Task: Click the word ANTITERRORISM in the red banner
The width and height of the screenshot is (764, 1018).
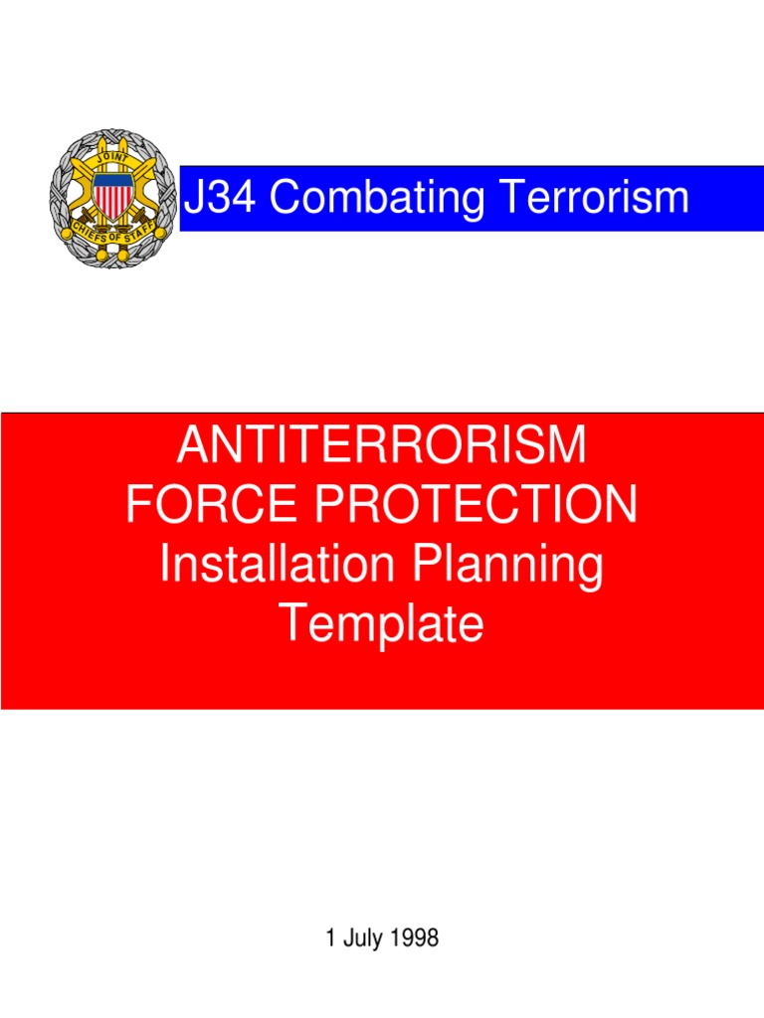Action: [x=381, y=445]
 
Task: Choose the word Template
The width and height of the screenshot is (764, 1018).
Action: [x=381, y=624]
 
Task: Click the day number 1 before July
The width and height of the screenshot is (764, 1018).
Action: [x=331, y=938]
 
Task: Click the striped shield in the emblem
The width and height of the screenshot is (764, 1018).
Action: [x=111, y=196]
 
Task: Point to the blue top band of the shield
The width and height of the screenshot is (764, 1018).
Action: [x=111, y=179]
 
